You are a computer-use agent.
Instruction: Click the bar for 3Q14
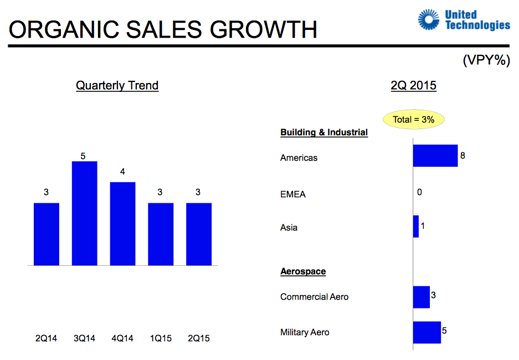[84, 213]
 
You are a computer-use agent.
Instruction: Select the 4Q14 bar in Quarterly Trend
[122, 224]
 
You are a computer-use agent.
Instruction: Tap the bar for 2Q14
[46, 234]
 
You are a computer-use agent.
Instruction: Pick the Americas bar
[435, 156]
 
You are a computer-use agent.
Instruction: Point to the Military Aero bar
[426, 332]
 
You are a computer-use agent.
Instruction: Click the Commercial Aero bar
[421, 297]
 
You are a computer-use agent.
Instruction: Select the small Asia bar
[416, 227]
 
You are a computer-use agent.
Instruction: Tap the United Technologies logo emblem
[429, 20]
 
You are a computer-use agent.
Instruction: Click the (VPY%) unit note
[486, 60]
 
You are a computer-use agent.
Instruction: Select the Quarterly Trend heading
[117, 86]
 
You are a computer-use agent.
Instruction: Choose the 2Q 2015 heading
[413, 86]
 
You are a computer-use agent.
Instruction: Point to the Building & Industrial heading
[324, 132]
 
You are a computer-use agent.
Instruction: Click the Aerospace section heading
[303, 271]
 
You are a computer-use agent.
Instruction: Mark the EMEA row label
[293, 194]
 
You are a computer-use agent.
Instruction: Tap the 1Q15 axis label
[161, 338]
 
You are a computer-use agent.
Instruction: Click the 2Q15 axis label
[199, 338]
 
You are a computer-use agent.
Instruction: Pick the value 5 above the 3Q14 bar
[83, 156]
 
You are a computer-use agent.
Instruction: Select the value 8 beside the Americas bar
[463, 156]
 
